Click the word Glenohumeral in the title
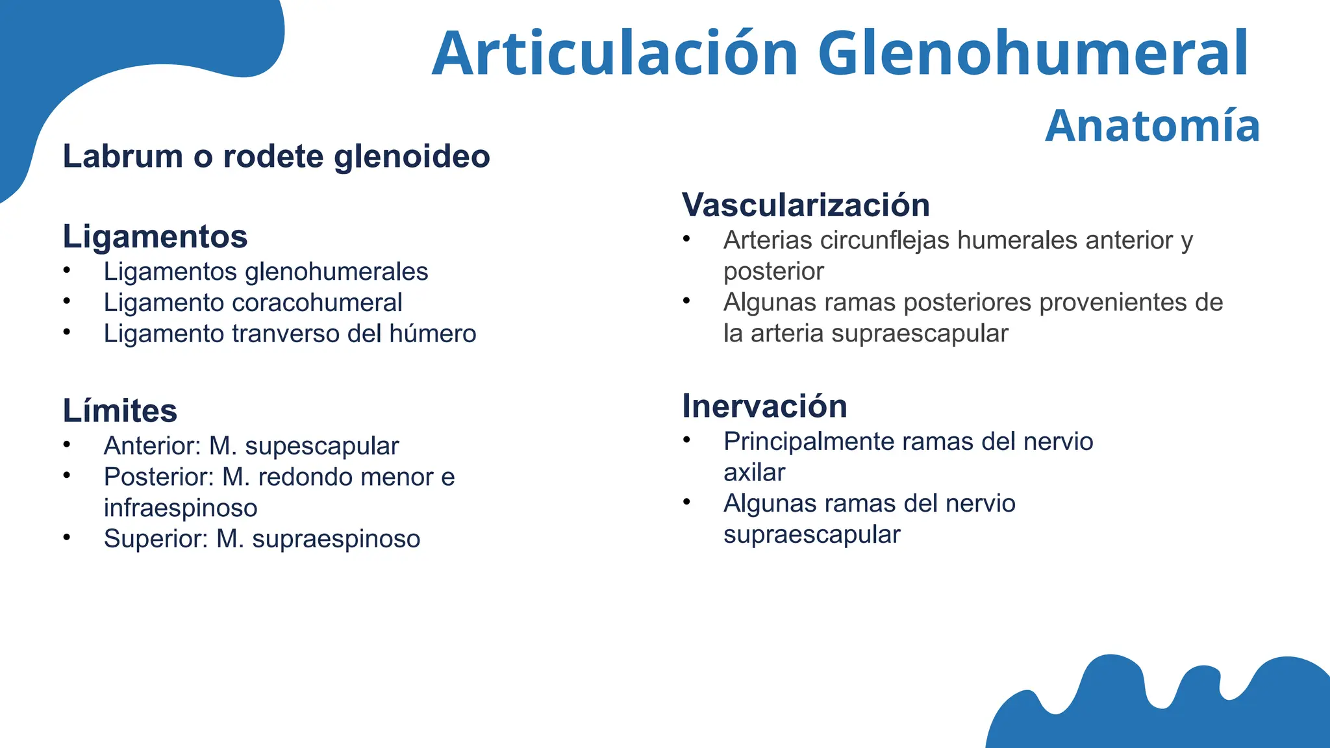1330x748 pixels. coord(1033,53)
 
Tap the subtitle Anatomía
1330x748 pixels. coord(1152,126)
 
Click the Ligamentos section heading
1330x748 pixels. coord(155,236)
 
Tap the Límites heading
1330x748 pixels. coord(120,411)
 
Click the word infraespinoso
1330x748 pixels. coord(181,508)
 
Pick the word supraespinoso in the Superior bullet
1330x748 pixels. coord(336,540)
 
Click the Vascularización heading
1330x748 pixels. coord(805,205)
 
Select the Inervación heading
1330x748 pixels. coord(764,406)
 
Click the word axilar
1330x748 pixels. coord(754,473)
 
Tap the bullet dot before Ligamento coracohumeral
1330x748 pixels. coord(67,301)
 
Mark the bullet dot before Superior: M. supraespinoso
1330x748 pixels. coord(67,537)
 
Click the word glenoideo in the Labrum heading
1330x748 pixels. coord(412,156)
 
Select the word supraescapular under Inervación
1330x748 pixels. coord(812,535)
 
